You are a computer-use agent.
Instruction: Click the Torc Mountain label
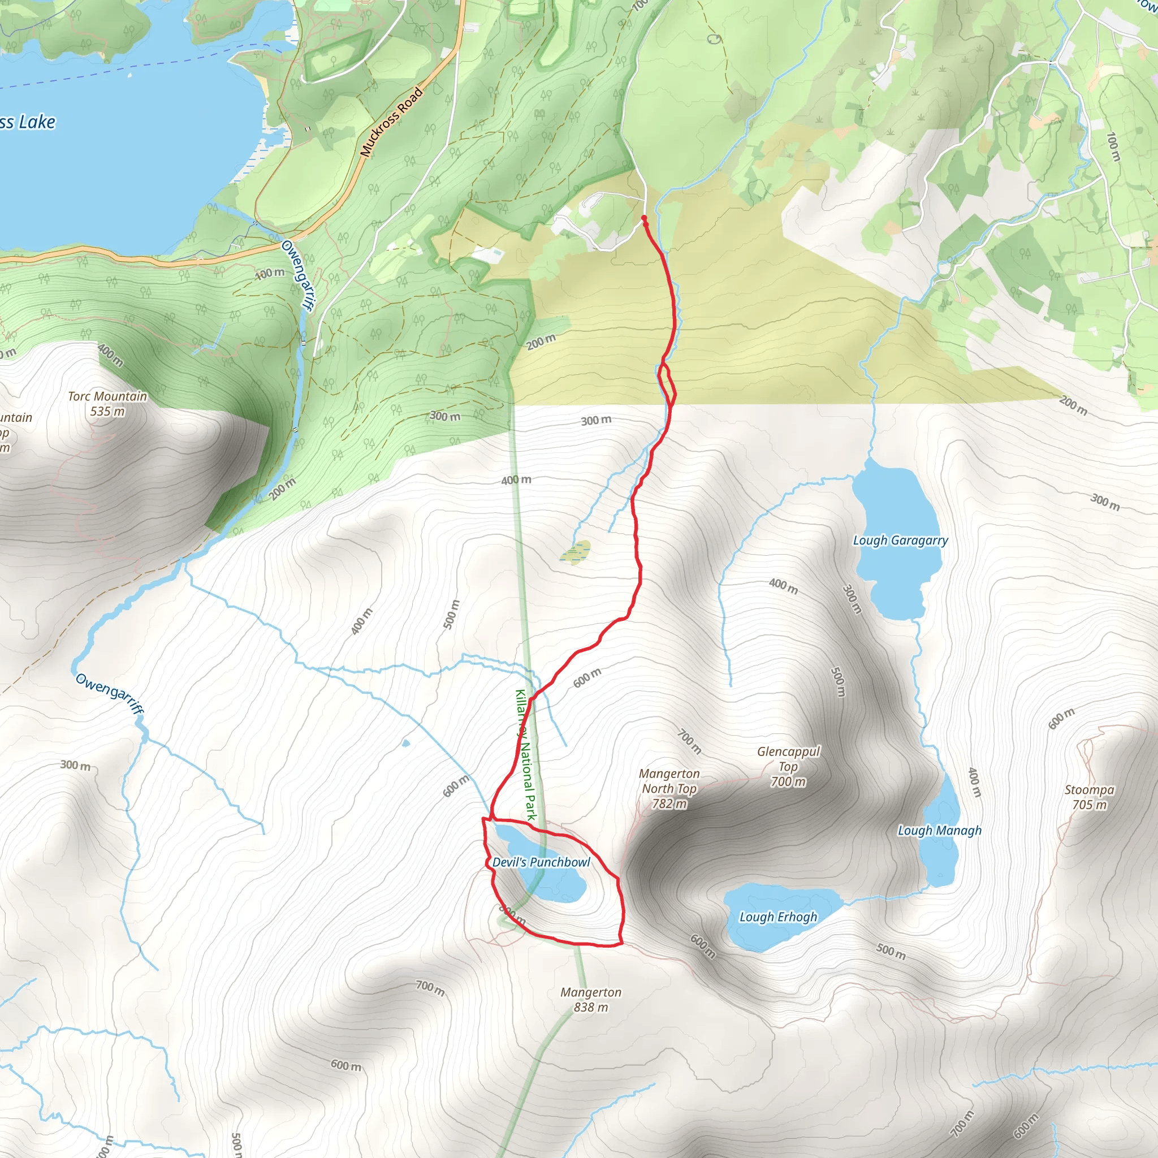107,396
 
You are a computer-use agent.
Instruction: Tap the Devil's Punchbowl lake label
541,862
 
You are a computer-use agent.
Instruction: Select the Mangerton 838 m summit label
591,1000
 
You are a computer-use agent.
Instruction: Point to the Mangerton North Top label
669,781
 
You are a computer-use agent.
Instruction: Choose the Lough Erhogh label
778,917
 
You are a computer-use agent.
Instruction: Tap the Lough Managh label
939,830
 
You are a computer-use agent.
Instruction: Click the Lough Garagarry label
900,540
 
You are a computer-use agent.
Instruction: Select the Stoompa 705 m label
1089,797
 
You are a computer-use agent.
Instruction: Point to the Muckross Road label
391,122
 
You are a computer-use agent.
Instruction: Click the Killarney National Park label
526,755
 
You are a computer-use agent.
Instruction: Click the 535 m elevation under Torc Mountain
107,411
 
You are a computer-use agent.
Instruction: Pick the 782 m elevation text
669,804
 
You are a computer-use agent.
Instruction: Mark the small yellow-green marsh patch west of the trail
576,552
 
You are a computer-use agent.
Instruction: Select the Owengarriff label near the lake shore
296,275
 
